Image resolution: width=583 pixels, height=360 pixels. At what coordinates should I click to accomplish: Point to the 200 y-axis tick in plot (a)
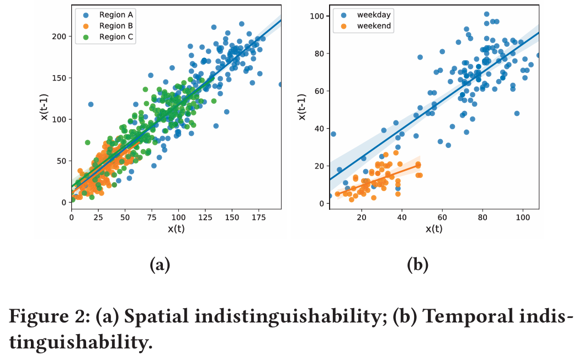point(58,36)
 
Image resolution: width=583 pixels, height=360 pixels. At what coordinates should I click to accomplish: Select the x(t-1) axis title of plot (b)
point(301,108)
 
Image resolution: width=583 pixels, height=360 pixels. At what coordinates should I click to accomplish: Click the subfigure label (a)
point(160,265)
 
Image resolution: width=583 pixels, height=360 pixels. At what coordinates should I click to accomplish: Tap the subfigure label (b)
point(417,265)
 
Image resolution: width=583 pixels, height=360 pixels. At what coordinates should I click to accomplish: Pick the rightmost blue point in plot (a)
point(280,84)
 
